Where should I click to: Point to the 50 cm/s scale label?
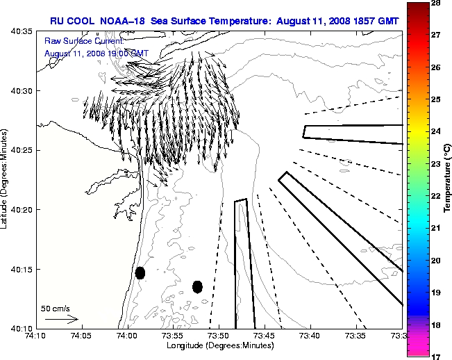[56, 307]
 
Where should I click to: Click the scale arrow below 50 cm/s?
[61, 319]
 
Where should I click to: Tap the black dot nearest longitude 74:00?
[140, 272]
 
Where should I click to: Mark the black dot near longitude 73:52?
[197, 286]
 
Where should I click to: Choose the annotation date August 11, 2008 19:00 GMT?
[96, 53]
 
